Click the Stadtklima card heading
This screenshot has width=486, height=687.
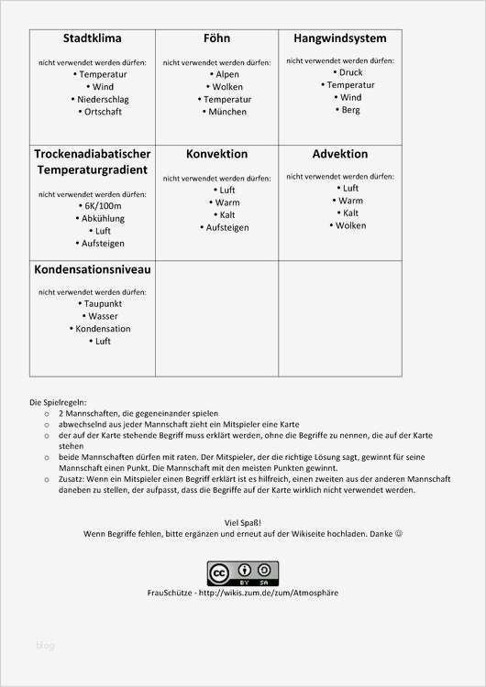(92, 38)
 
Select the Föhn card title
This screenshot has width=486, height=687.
(216, 38)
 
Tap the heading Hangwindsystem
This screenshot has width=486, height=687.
(339, 38)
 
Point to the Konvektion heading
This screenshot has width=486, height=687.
(216, 154)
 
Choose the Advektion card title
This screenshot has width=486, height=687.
(339, 154)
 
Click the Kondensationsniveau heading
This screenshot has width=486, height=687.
(92, 270)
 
